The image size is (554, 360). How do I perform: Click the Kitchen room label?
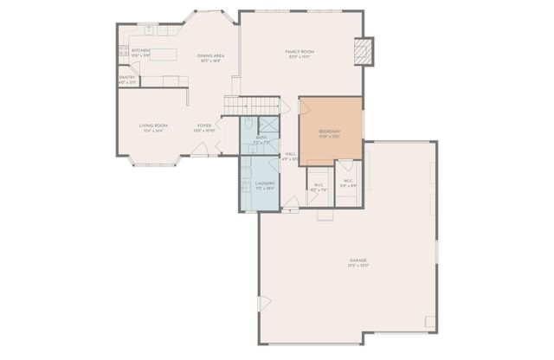pyautogui.click(x=140, y=50)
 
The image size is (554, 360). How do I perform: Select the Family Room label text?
pyautogui.click(x=300, y=52)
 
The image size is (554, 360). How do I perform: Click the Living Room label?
pyautogui.click(x=153, y=125)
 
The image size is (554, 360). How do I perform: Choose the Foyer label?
pyautogui.click(x=204, y=125)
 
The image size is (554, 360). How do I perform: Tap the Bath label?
pyautogui.click(x=261, y=138)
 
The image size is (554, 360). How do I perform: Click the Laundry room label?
pyautogui.click(x=265, y=183)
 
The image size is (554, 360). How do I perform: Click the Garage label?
pyautogui.click(x=357, y=260)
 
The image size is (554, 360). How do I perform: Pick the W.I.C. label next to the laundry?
pyautogui.click(x=318, y=184)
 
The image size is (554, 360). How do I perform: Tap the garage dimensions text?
pyautogui.click(x=357, y=266)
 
